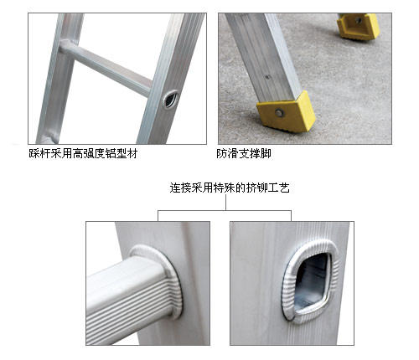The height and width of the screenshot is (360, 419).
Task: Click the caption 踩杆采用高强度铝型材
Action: [x=83, y=153]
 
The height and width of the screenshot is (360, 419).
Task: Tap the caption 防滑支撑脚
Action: [x=244, y=153]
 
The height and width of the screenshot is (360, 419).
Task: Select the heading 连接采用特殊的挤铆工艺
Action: [x=230, y=188]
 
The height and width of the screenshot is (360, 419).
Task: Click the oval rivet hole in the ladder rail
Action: [x=171, y=100]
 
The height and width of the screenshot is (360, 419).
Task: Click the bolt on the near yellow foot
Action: [x=279, y=113]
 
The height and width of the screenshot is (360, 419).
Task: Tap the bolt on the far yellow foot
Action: [x=359, y=20]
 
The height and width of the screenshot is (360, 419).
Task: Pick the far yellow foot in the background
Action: [x=358, y=26]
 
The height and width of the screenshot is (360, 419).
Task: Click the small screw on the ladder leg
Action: [x=267, y=77]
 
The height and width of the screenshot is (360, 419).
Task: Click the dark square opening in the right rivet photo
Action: [x=312, y=283]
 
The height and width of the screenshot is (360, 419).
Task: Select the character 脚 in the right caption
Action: [x=266, y=153]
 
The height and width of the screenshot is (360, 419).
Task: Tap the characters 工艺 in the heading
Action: [x=279, y=188]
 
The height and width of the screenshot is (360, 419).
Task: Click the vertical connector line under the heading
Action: [x=225, y=202]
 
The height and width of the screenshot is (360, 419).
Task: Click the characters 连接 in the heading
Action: [x=180, y=188]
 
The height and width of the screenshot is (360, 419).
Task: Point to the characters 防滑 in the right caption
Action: [x=227, y=153]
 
